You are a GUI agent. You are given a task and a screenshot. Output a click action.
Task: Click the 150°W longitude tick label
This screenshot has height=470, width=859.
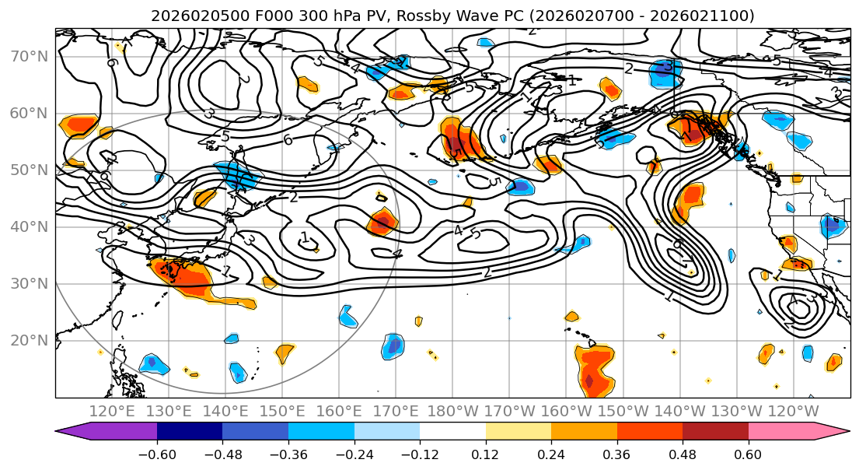pyautogui.click(x=623, y=411)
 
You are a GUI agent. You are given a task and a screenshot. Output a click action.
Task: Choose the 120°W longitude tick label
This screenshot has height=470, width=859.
pyautogui.click(x=793, y=411)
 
